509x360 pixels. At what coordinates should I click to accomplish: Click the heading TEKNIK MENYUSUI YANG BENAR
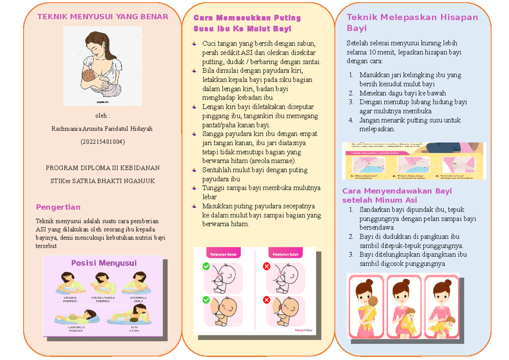(103, 17)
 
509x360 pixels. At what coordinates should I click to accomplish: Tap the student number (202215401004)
(103, 142)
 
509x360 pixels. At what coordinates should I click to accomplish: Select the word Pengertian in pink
(58, 207)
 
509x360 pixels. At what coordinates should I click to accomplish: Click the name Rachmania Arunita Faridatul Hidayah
(102, 129)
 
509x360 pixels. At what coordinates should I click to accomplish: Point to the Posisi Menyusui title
(104, 263)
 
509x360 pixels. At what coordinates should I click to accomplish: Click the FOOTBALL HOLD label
(136, 298)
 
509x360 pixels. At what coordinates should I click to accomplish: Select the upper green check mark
(206, 266)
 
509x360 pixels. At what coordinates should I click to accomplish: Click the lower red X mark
(266, 300)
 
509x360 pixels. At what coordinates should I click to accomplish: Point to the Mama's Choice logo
(303, 329)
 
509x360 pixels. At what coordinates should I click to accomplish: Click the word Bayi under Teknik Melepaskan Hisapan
(357, 29)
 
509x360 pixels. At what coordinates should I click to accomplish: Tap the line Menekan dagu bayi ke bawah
(402, 93)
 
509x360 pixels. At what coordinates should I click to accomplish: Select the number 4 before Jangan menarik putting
(351, 120)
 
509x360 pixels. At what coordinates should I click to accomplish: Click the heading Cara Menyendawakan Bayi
(397, 191)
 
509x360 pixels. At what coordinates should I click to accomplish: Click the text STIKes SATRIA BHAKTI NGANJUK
(103, 181)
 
